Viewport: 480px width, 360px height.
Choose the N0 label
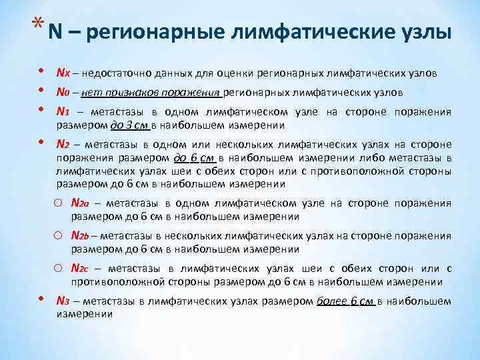click(63, 92)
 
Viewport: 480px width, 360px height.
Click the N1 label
click(63, 112)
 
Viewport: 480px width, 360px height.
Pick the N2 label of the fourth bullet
click(63, 143)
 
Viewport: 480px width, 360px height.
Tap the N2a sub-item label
click(81, 203)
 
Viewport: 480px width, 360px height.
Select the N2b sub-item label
click(81, 236)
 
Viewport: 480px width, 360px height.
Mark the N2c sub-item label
click(81, 268)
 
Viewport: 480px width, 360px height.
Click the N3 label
click(63, 301)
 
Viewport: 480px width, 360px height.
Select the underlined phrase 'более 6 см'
click(346, 301)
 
